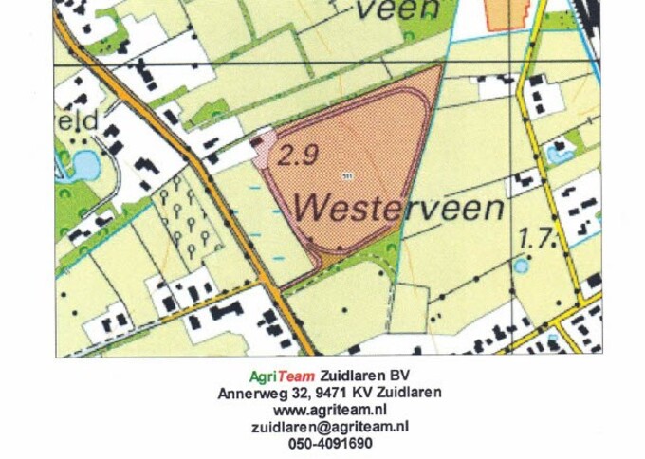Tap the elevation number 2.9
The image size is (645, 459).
pos(298,157)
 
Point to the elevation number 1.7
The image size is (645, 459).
pos(536,237)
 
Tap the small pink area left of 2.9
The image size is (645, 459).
pos(263,150)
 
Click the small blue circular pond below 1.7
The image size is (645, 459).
pos(520,266)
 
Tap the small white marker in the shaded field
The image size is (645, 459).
pos(346,176)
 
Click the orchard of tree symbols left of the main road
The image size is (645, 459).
pos(184,218)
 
